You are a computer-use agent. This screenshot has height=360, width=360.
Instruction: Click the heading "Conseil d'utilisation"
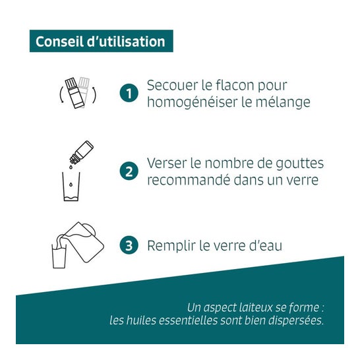(100, 42)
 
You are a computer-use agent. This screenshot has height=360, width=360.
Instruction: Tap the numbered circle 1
(129, 93)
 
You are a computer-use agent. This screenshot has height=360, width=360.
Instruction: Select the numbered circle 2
(129, 171)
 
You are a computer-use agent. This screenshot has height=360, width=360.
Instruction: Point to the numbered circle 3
(129, 245)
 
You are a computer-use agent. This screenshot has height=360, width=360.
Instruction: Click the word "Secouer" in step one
(173, 86)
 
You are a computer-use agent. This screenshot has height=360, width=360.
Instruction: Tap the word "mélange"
(283, 102)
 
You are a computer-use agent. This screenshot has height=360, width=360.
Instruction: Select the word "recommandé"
(189, 180)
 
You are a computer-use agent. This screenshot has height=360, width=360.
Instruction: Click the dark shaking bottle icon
(75, 93)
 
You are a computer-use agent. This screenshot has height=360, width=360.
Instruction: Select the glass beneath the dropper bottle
(71, 187)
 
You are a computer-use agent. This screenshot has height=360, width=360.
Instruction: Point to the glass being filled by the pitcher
(59, 256)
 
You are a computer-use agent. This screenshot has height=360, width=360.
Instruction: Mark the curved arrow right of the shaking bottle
(94, 95)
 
